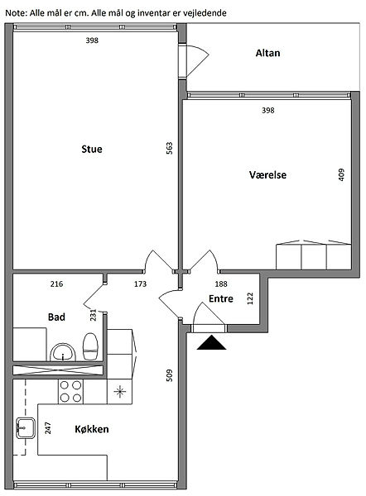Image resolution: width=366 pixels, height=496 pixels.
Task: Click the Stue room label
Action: pyautogui.click(x=92, y=149)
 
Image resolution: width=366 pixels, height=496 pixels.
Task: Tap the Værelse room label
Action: pyautogui.click(x=267, y=174)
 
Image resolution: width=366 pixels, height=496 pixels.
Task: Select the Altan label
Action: pyautogui.click(x=267, y=53)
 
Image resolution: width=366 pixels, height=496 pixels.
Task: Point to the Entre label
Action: pyautogui.click(x=221, y=298)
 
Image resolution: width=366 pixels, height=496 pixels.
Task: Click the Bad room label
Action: pyautogui.click(x=56, y=317)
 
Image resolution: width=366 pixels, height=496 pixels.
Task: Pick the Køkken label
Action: pyautogui.click(x=92, y=429)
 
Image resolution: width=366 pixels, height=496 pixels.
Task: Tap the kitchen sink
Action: pyautogui.click(x=26, y=428)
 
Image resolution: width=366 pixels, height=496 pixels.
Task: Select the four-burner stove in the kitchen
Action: pyautogui.click(x=70, y=392)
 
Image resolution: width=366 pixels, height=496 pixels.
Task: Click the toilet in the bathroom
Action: pyautogui.click(x=90, y=346)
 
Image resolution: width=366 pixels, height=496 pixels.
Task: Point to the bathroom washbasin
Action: pyautogui.click(x=63, y=352)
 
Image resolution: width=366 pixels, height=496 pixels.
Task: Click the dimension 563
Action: pyautogui.click(x=170, y=148)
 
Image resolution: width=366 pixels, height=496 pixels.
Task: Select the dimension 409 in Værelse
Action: pyautogui.click(x=341, y=174)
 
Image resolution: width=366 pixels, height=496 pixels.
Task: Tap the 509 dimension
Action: pyautogui.click(x=170, y=375)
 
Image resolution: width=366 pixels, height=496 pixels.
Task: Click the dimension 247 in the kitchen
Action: pyautogui.click(x=48, y=428)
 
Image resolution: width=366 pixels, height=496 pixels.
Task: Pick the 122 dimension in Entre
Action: pyautogui.click(x=250, y=298)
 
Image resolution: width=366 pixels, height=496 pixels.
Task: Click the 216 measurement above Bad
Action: pyautogui.click(x=57, y=284)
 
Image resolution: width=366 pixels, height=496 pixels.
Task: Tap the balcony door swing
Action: pyautogui.click(x=198, y=60)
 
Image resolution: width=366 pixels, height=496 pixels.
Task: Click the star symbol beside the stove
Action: pyautogui.click(x=119, y=392)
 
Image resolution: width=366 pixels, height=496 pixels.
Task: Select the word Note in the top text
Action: pyautogui.click(x=16, y=13)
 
